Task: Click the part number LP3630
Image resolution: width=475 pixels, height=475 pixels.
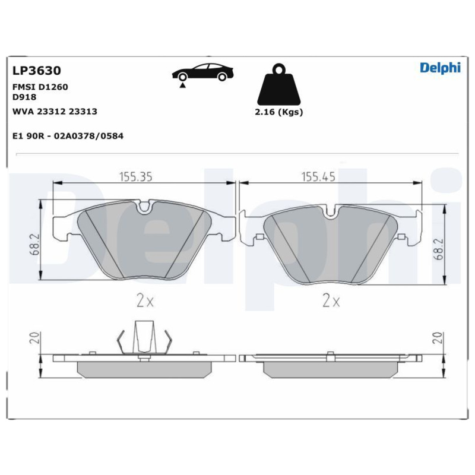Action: click(x=37, y=71)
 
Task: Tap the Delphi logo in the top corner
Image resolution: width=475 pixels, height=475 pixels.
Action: click(x=440, y=68)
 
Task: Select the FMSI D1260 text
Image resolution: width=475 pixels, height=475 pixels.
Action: click(x=40, y=87)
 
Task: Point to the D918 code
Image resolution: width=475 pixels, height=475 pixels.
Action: click(x=25, y=97)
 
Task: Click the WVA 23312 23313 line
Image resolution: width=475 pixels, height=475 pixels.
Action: click(x=55, y=111)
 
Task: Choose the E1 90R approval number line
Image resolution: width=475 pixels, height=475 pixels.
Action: click(x=68, y=136)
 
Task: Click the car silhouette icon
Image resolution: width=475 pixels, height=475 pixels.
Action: click(x=202, y=72)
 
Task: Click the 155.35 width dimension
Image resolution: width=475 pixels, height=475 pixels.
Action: click(x=137, y=176)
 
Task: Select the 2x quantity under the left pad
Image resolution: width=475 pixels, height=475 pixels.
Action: click(x=145, y=301)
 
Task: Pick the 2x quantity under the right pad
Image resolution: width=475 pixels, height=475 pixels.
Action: click(x=331, y=301)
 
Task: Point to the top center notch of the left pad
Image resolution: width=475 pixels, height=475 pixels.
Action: click(x=144, y=208)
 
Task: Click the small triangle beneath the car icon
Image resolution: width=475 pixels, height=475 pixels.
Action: click(x=183, y=85)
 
